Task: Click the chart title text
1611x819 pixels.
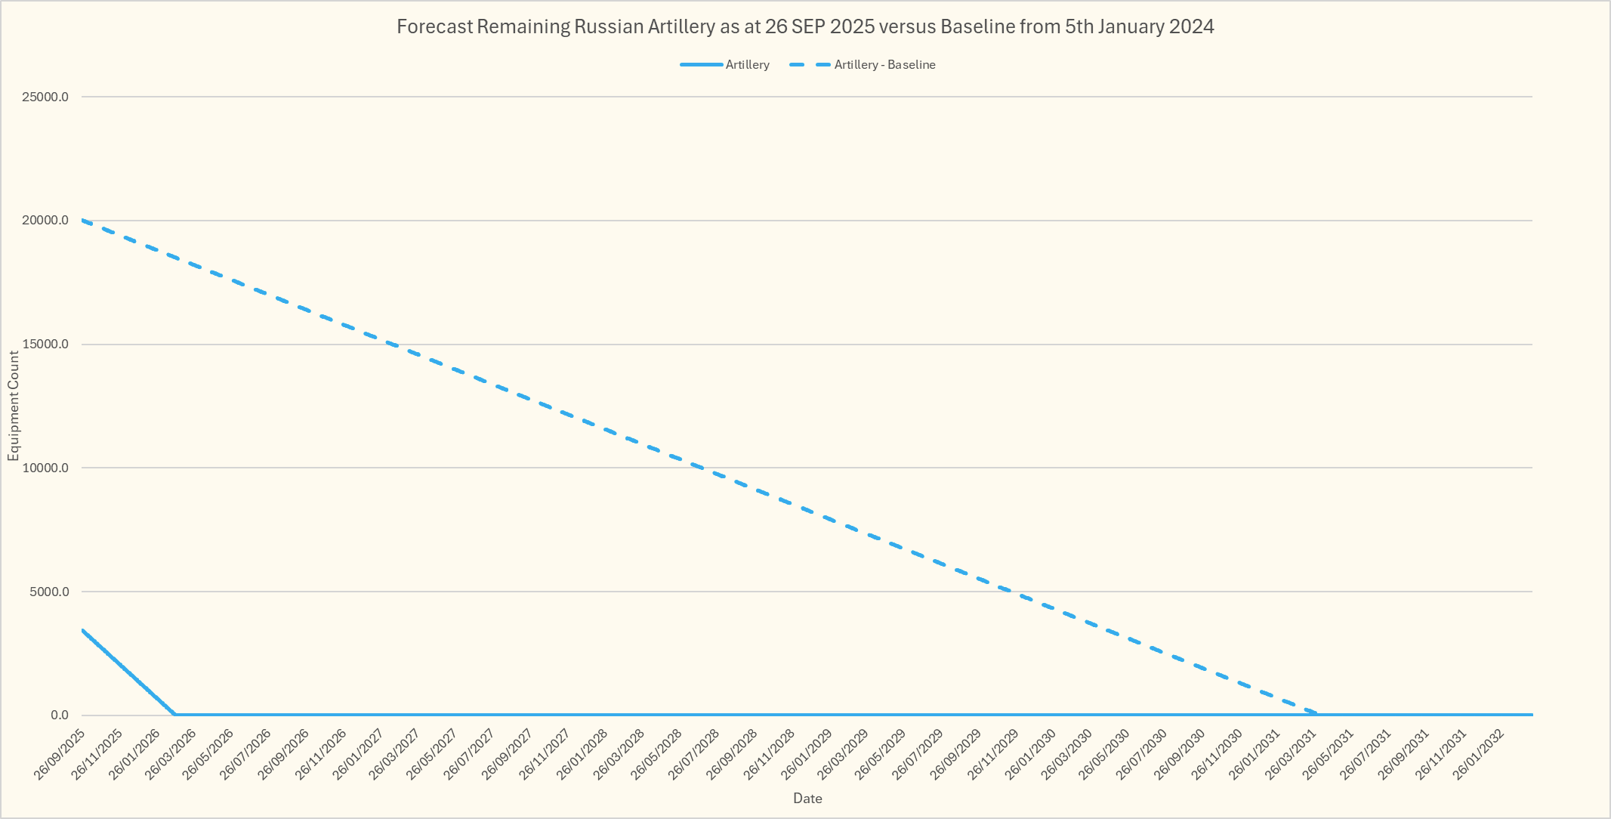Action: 805,27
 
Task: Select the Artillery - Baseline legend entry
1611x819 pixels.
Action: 884,65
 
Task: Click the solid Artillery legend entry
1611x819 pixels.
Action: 747,65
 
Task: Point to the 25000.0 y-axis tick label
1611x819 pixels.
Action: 45,97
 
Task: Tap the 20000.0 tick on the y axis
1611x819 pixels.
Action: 45,221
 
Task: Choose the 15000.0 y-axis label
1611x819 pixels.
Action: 45,345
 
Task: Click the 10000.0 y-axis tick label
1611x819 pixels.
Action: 45,468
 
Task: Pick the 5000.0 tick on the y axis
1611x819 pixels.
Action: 48,592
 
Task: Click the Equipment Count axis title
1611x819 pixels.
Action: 14,406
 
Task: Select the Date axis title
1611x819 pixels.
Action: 807,799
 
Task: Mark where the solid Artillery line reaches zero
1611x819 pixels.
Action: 174,715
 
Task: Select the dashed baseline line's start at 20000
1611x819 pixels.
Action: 82,221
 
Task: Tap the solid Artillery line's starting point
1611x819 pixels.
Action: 82,629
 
